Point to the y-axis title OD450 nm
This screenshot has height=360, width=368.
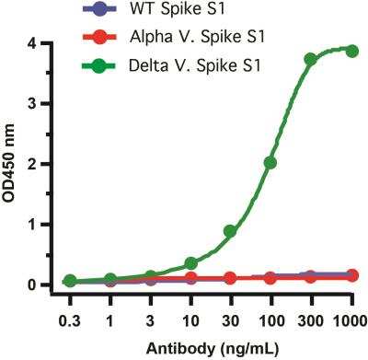(x=12, y=164)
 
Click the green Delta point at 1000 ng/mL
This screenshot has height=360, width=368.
(x=351, y=51)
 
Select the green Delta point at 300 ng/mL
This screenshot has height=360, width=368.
(x=311, y=59)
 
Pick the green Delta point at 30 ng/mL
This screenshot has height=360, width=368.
(x=230, y=231)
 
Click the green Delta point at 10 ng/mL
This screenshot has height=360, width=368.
(x=190, y=263)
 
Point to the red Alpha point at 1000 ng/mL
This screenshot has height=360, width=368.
(x=351, y=275)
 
